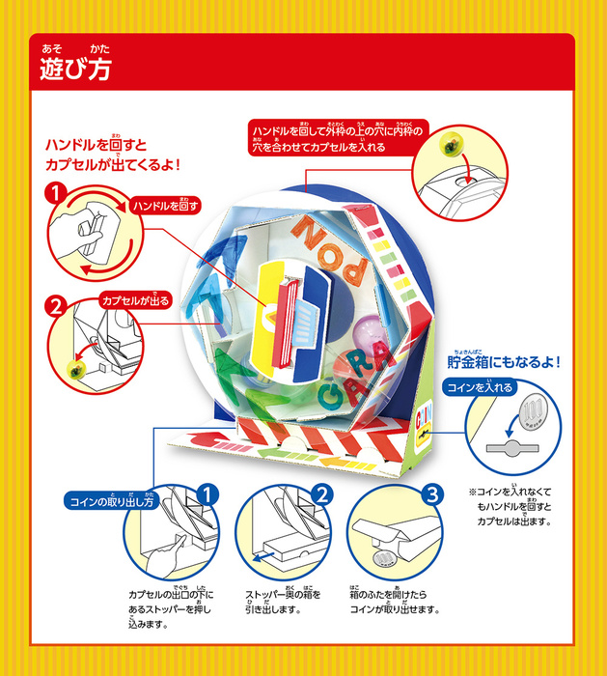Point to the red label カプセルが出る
pos(136,301)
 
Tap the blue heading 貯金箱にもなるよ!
pos(503,362)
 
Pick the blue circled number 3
pos(431,495)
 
